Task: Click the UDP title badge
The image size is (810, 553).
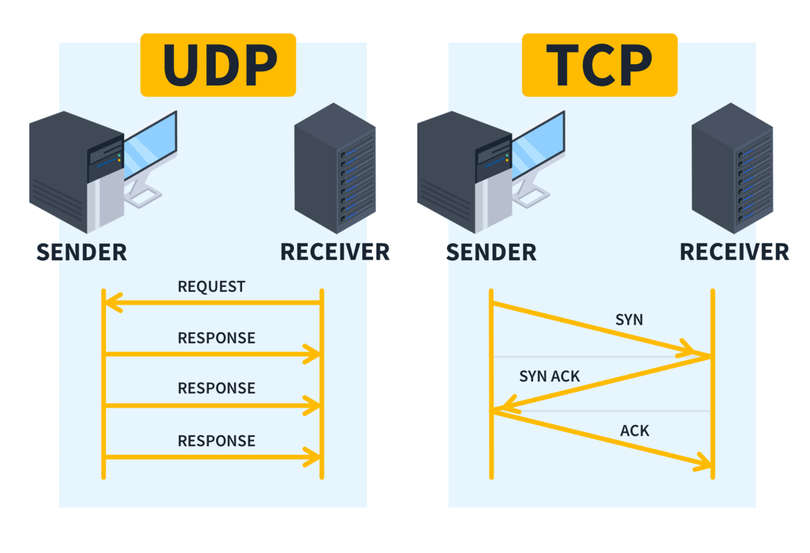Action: click(218, 65)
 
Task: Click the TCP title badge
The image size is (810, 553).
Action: click(599, 65)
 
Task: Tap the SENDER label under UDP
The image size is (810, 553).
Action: click(81, 252)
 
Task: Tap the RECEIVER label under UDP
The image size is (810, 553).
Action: click(335, 252)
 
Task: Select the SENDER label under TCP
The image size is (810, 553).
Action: click(490, 252)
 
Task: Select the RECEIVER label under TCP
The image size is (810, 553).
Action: click(734, 252)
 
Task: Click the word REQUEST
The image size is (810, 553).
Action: click(211, 286)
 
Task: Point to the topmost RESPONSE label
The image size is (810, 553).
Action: click(216, 338)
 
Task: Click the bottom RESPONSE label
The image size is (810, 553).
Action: click(216, 441)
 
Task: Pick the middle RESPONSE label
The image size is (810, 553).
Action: click(216, 388)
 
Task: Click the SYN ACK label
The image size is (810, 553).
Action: click(549, 377)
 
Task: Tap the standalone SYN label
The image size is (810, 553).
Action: click(629, 320)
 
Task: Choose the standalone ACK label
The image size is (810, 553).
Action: click(634, 431)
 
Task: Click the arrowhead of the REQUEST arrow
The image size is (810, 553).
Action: click(113, 302)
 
